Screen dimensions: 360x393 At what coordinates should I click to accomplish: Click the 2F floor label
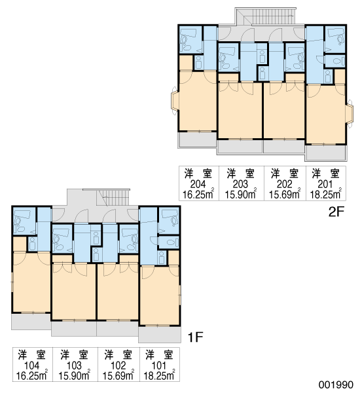coord(336,212)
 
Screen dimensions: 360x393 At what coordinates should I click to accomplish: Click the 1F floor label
coord(195,337)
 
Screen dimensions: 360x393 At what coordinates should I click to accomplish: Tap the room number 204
coord(198,185)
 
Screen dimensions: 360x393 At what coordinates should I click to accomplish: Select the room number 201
coord(325,185)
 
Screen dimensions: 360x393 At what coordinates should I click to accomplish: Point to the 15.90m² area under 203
coord(240,194)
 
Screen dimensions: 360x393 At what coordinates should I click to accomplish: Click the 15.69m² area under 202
coord(285,194)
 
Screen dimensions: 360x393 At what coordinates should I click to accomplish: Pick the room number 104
coord(32,365)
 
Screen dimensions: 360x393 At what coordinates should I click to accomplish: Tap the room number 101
coord(159,365)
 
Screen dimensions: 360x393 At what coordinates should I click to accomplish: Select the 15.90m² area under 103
coord(75,375)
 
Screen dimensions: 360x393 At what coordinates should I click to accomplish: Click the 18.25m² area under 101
coord(159,375)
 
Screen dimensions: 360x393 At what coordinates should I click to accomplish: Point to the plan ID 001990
coord(336,384)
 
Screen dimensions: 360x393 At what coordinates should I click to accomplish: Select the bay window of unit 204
coord(175,101)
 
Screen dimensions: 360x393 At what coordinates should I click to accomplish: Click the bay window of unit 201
coord(350,114)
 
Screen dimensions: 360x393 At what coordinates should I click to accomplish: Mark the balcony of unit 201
coord(326,153)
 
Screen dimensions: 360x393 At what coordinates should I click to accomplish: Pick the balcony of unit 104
coord(31,322)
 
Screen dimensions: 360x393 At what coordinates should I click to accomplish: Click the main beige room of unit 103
coord(74,291)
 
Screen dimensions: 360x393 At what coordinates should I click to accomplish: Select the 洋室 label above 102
coord(118,355)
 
